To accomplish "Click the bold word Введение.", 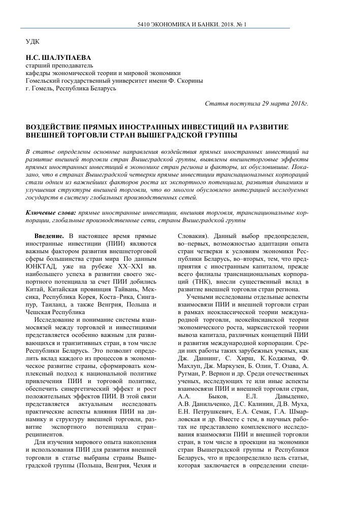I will [x=49, y=237].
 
